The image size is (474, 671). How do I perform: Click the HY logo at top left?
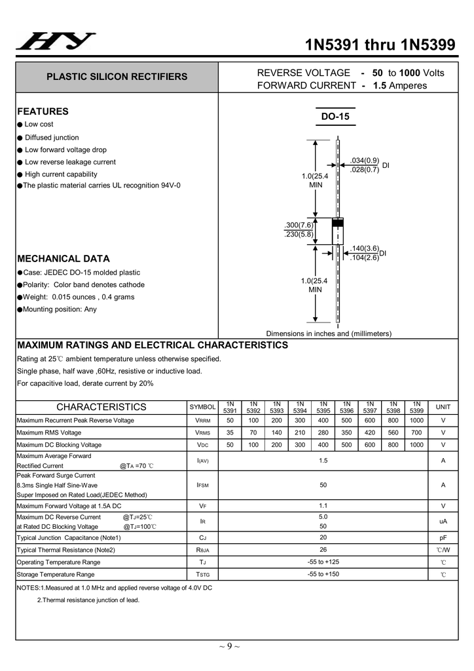tap(56, 42)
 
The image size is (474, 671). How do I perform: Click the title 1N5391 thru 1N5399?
tap(380, 45)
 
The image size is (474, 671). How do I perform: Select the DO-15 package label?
tap(335, 117)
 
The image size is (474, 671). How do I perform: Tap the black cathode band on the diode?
tap(338, 223)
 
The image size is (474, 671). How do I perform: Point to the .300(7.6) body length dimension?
tap(299, 225)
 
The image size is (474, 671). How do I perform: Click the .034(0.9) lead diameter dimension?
tap(365, 161)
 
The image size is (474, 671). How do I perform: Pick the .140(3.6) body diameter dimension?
tap(364, 248)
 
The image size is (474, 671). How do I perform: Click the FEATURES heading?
tap(43, 111)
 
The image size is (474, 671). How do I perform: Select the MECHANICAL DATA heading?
tap(64, 259)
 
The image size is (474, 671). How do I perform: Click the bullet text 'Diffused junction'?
tap(52, 138)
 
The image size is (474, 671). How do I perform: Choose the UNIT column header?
tap(443, 407)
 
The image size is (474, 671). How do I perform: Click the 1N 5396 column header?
tap(347, 407)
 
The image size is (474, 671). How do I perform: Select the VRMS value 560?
tap(393, 432)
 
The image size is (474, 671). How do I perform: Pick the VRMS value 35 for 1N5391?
tap(230, 432)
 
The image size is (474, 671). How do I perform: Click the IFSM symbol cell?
tap(202, 486)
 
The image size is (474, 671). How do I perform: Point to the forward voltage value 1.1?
tap(323, 506)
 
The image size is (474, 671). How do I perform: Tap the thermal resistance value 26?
tap(323, 550)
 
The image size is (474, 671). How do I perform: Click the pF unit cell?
tap(443, 537)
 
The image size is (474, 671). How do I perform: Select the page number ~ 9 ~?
tap(229, 647)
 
